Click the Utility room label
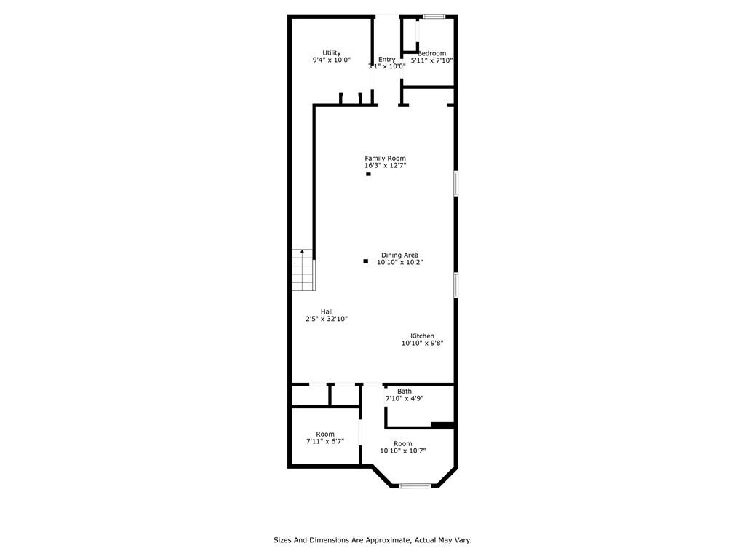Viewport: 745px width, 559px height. (332, 52)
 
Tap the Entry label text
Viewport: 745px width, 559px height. (387, 60)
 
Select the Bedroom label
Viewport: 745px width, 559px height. (432, 53)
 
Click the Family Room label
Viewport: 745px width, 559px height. (386, 158)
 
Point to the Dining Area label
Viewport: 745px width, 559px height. (399, 255)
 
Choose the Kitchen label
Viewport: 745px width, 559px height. (423, 336)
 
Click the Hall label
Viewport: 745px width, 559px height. (327, 312)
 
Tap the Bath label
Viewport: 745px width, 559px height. (405, 392)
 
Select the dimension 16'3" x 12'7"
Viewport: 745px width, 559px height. (386, 166)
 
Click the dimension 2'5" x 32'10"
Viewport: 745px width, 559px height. (327, 319)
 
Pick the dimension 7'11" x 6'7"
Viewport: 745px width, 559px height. (325, 441)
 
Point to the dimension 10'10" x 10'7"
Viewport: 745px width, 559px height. (402, 451)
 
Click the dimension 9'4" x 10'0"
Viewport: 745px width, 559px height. (332, 60)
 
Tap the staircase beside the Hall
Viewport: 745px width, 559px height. (303, 270)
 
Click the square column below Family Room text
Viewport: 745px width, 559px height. (368, 174)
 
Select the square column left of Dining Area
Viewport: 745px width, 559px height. (365, 261)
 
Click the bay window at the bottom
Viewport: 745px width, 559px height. (414, 485)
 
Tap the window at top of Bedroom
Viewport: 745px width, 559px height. (434, 17)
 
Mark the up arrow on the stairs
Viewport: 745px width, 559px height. (302, 251)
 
